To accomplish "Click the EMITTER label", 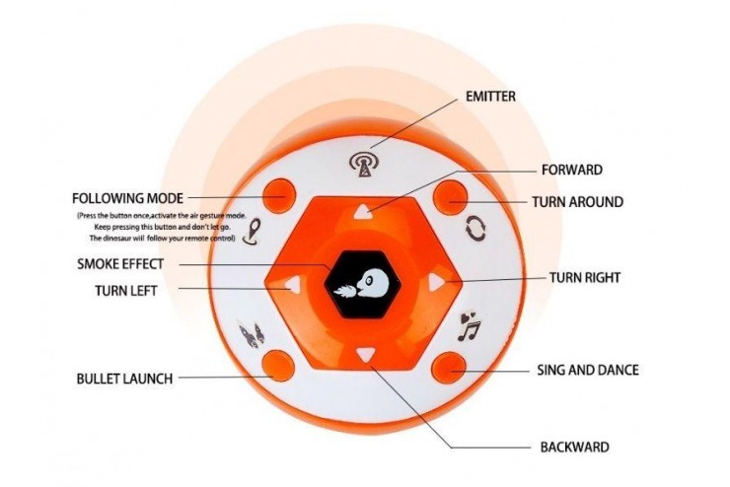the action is click(490, 97).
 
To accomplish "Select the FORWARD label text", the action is click(572, 170).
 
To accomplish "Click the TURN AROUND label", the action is click(577, 202).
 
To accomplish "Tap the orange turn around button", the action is click(450, 197).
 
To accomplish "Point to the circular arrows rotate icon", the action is click(476, 230).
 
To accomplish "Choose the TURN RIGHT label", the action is click(585, 278).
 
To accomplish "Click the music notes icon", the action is click(469, 326).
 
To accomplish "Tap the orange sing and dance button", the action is click(449, 368).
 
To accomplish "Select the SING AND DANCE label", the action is click(588, 371).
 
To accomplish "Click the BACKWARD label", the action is click(574, 447).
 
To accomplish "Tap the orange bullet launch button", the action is click(278, 366).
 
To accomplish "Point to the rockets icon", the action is click(252, 333).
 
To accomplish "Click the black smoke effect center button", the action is click(363, 285).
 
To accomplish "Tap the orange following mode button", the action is click(279, 195).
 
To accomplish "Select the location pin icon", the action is click(252, 231).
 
